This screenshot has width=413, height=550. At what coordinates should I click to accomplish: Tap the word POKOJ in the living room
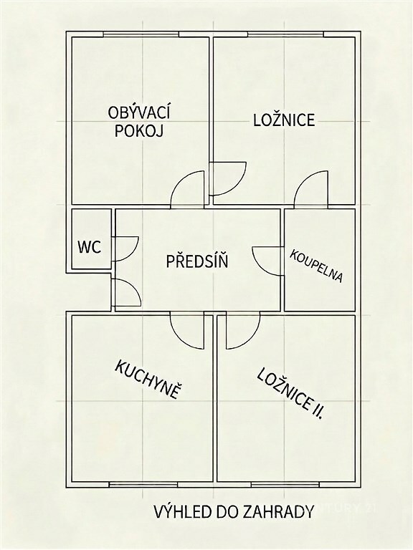tap(139, 131)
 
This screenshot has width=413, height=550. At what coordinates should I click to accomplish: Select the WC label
tap(90, 247)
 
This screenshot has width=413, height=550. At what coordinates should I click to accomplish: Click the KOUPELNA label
tap(315, 266)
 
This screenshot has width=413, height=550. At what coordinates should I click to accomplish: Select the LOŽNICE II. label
tap(290, 394)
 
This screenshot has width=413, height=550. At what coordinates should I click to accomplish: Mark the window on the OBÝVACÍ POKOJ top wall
tap(141, 34)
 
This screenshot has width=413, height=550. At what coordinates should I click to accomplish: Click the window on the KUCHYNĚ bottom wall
tap(143, 484)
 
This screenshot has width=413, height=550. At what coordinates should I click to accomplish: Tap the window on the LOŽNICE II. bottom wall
tap(285, 484)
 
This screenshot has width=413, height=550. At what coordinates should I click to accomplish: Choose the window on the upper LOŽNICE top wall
tap(285, 34)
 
